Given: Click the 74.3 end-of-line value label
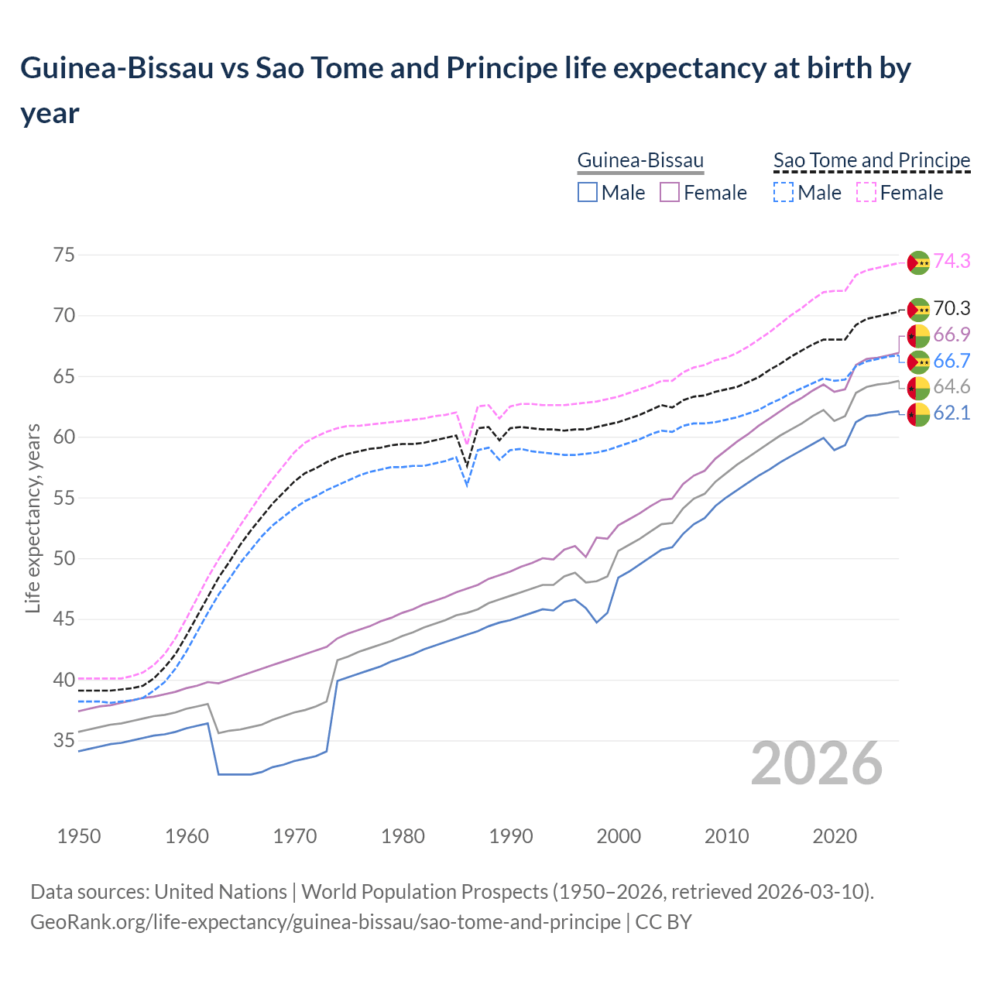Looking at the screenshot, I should click(x=952, y=262).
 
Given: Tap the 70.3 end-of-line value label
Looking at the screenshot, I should click(x=952, y=309).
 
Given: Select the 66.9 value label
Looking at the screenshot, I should click(x=952, y=335).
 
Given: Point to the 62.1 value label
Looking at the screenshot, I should click(x=952, y=413).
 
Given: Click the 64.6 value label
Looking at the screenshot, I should click(x=952, y=387).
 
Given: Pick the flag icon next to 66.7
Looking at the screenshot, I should click(x=918, y=362).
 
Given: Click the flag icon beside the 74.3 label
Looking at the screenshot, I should click(x=918, y=262).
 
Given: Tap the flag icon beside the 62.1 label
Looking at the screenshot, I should click(x=918, y=414).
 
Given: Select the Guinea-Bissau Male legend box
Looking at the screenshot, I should click(x=588, y=192).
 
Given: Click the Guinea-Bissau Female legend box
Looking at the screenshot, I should click(x=670, y=192).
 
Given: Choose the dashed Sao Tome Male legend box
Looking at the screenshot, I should click(x=784, y=192).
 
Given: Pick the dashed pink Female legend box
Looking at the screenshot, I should click(x=866, y=192).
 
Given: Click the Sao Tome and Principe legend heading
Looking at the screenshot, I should click(x=872, y=160).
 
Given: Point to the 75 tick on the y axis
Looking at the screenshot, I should click(x=64, y=255).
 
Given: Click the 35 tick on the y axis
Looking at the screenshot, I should click(x=64, y=741).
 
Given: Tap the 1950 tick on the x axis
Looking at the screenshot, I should click(x=79, y=836).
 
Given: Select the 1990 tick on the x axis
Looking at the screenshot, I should click(x=511, y=836).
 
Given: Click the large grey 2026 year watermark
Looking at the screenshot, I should click(x=816, y=764).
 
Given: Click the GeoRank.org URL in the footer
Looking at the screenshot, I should click(x=325, y=922).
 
